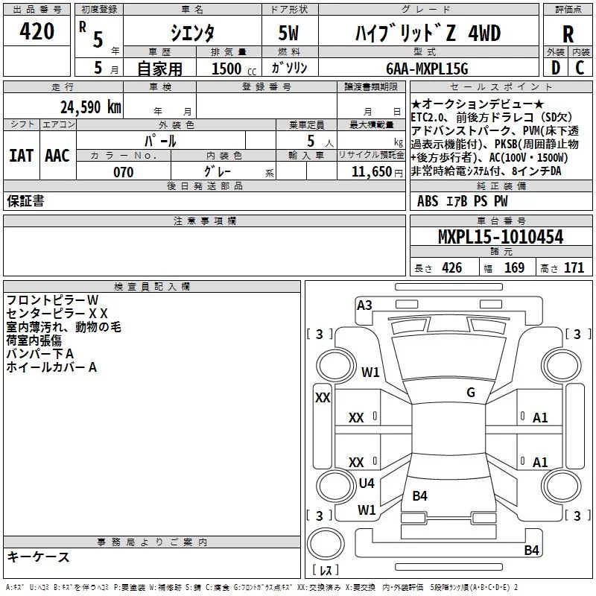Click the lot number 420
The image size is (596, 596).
(37, 31)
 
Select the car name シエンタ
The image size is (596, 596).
(192, 33)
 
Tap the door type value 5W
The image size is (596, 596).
(288, 33)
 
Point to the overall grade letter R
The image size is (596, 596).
(568, 34)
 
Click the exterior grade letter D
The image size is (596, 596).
(556, 68)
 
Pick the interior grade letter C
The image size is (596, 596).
(580, 68)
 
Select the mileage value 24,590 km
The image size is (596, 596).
(91, 107)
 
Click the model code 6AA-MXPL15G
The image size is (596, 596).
(427, 69)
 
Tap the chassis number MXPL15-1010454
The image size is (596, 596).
(501, 237)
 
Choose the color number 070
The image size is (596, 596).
(124, 172)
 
